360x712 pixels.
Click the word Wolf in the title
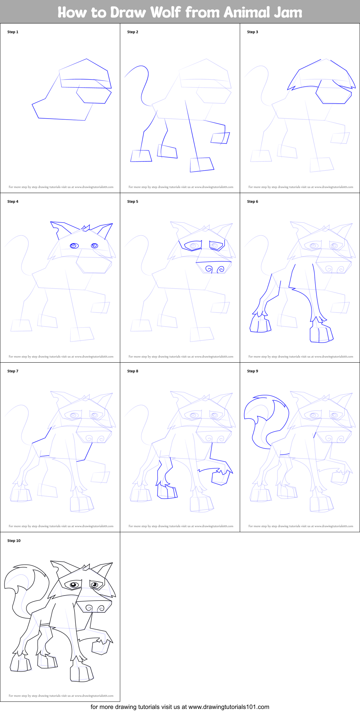[165, 12]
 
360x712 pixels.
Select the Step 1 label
[13, 32]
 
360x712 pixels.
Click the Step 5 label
[133, 202]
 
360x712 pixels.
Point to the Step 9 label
[253, 371]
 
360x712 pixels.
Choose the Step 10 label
[14, 541]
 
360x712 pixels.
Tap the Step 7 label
[13, 371]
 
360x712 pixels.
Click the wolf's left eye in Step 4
[74, 246]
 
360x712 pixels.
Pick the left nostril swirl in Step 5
[209, 270]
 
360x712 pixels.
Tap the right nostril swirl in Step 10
[101, 609]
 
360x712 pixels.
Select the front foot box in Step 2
[202, 165]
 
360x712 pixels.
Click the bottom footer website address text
[180, 707]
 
